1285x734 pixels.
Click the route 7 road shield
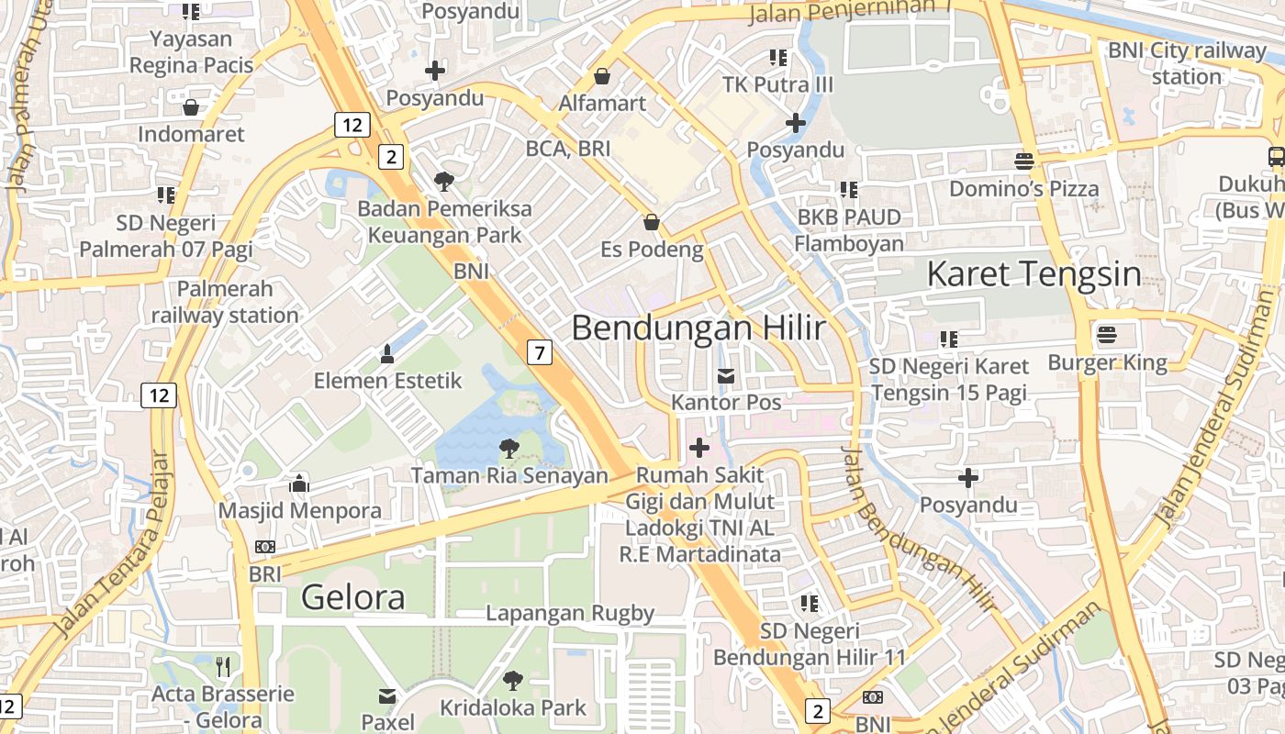click(540, 351)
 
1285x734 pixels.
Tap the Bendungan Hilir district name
click(698, 328)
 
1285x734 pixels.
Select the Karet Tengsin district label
click(1034, 273)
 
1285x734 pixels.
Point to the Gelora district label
click(352, 597)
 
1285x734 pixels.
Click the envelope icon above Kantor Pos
click(726, 376)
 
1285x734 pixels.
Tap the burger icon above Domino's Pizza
click(1024, 161)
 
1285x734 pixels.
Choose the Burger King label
click(1107, 362)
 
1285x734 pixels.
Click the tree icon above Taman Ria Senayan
click(508, 449)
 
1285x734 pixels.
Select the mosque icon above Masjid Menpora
click(299, 483)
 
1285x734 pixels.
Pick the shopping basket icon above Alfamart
click(602, 75)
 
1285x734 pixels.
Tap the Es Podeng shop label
click(652, 249)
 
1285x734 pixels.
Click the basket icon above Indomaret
click(191, 107)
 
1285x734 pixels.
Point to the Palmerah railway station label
click(225, 302)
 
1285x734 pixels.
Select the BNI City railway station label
click(1186, 63)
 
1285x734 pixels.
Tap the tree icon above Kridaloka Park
click(512, 681)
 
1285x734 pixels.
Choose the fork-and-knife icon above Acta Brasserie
click(223, 666)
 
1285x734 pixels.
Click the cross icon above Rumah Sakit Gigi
click(699, 448)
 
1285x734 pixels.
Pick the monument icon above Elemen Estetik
click(387, 353)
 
